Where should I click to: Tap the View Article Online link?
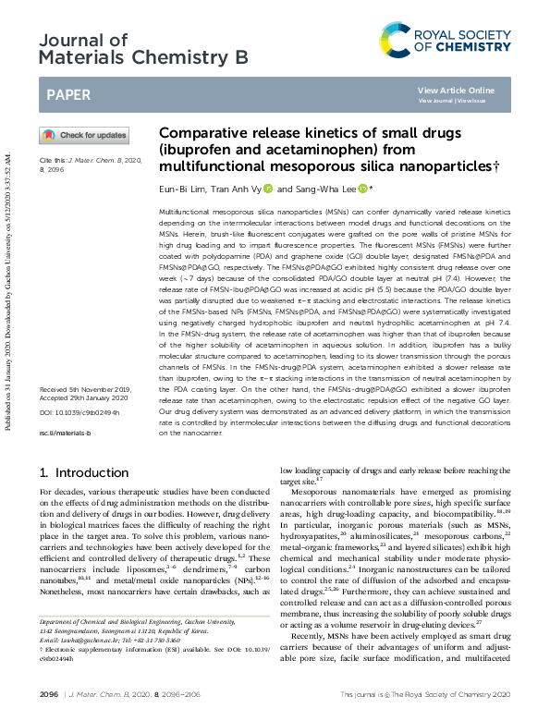click(456, 90)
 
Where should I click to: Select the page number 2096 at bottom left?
click(50, 693)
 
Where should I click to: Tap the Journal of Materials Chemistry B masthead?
click(143, 48)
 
